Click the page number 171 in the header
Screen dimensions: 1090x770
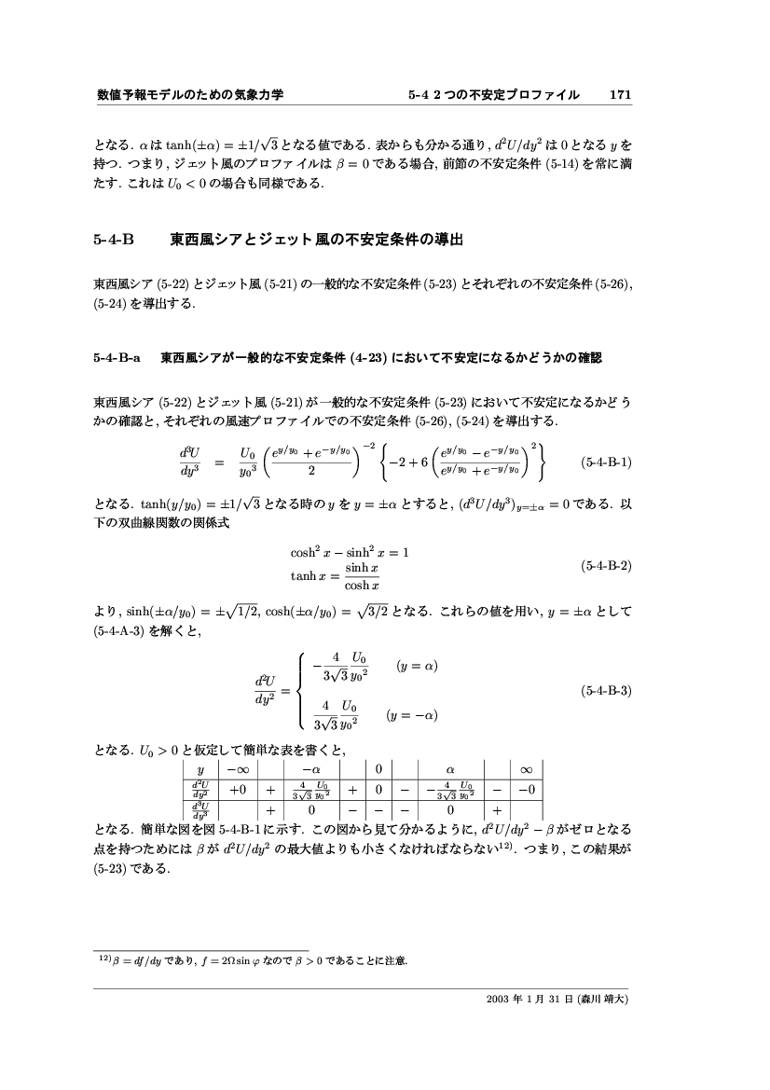coord(621,95)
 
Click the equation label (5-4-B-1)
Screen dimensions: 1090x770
coord(606,462)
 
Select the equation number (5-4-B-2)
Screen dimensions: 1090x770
coord(606,566)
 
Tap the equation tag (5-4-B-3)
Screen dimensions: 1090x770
coord(606,691)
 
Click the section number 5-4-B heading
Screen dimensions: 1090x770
coord(115,240)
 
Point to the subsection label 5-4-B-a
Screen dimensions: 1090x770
coord(117,356)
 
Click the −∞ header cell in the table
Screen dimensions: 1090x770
coord(237,770)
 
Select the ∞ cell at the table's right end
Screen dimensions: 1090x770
coord(525,770)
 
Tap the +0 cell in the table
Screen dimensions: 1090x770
coord(237,791)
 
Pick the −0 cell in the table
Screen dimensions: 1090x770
coord(526,791)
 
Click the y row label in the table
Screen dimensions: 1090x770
coord(200,770)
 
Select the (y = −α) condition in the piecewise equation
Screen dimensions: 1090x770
coord(412,716)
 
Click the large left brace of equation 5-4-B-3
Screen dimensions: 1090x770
coord(297,691)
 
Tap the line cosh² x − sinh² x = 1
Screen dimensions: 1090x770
coord(350,552)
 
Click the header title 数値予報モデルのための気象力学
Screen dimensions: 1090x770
coord(190,95)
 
